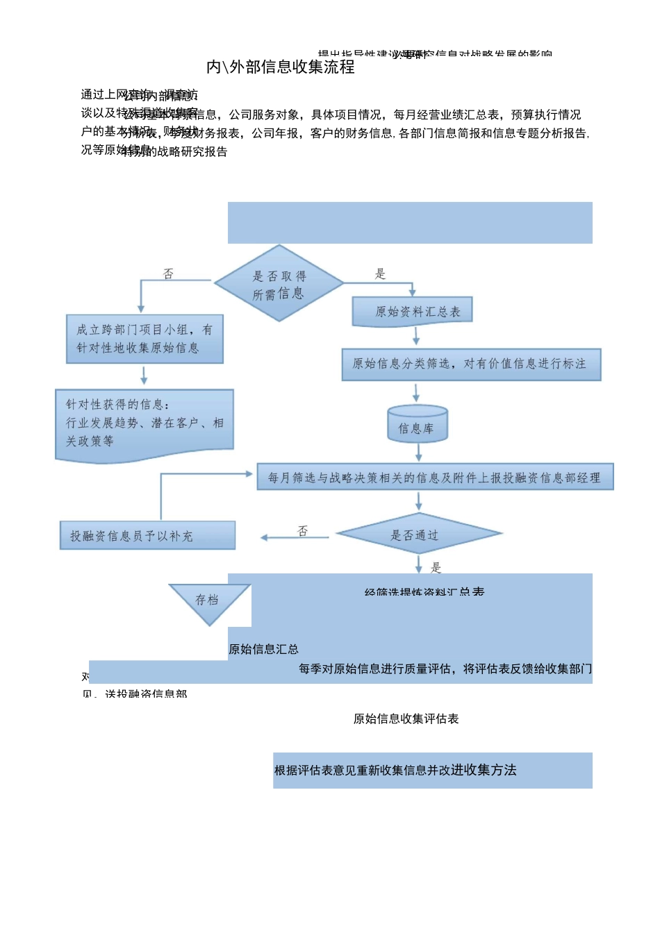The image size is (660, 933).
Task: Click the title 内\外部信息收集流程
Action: tap(281, 67)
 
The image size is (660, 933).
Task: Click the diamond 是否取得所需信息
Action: tap(279, 284)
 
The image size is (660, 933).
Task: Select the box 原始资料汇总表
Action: tap(413, 312)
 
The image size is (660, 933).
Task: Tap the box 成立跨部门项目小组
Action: tap(145, 339)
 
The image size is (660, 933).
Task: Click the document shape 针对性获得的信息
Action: tap(145, 423)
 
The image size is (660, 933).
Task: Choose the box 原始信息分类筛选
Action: tap(470, 364)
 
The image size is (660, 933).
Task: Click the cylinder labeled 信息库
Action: tap(417, 424)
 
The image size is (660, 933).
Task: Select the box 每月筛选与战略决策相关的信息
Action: tap(435, 478)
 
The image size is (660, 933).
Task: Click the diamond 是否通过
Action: tap(418, 535)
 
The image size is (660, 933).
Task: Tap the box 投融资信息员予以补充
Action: tap(147, 536)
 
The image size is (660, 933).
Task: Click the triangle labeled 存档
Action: tap(208, 600)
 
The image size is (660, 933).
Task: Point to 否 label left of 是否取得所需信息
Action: tap(168, 274)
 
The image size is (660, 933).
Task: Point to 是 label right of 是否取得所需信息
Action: tap(380, 274)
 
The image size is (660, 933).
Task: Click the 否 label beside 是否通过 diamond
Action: tap(303, 530)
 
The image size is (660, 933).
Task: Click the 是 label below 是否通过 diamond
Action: tap(436, 568)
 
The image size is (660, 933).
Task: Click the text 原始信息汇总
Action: tap(263, 649)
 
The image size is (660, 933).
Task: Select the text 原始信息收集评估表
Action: tap(406, 718)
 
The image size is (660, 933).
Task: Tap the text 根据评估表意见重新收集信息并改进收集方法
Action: tap(395, 770)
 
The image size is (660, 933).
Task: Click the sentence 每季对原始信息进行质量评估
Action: tap(445, 669)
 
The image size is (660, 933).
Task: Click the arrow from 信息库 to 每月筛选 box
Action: tap(419, 453)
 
